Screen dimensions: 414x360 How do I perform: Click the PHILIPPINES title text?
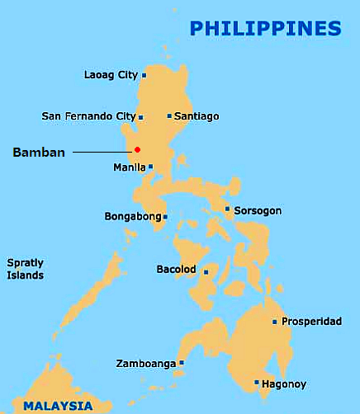click(x=265, y=28)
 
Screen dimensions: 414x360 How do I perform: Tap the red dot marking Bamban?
click(x=137, y=149)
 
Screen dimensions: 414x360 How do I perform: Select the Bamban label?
click(x=39, y=152)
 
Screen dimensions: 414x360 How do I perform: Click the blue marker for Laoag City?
click(x=144, y=75)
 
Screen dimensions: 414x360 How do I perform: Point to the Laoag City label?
click(x=111, y=75)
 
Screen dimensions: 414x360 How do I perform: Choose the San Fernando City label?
click(x=88, y=116)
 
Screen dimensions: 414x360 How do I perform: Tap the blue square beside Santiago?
click(x=169, y=116)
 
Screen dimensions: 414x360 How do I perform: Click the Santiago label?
click(x=197, y=116)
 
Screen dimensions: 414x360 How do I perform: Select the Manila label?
click(x=129, y=167)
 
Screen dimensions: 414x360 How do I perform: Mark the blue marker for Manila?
click(x=150, y=167)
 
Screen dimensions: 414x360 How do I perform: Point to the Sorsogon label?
click(x=258, y=210)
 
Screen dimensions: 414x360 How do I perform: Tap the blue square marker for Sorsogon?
click(x=228, y=209)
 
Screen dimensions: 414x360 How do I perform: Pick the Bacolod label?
click(x=176, y=270)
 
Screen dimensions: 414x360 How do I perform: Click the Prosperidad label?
click(x=312, y=322)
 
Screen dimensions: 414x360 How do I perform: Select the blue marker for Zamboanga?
click(x=182, y=362)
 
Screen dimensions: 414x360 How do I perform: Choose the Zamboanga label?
click(x=145, y=363)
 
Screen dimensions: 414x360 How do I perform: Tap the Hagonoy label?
click(x=285, y=383)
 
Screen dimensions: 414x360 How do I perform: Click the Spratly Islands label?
click(x=25, y=269)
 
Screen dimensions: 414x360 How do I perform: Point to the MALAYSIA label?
click(x=58, y=405)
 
